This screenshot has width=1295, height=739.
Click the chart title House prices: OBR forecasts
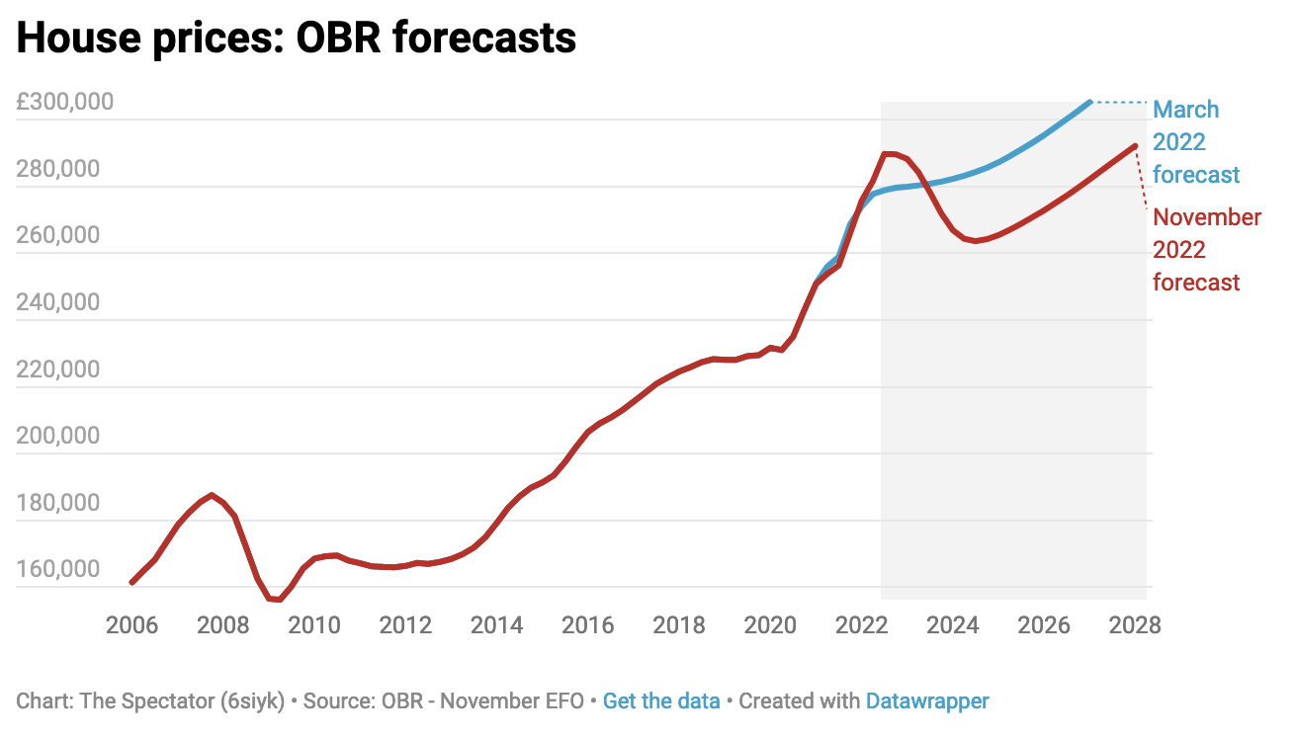click(x=296, y=38)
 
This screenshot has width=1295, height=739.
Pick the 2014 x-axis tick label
click(x=496, y=625)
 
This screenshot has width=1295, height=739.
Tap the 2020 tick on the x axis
click(x=770, y=625)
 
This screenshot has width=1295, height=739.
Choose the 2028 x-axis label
click(x=1135, y=625)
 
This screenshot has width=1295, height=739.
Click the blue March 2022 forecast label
click(x=1195, y=142)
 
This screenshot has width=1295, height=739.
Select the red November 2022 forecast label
click(x=1207, y=249)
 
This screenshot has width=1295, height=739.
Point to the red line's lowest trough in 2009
click(x=279, y=600)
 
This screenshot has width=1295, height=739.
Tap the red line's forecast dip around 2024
click(x=976, y=241)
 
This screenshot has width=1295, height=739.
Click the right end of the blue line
click(x=1089, y=102)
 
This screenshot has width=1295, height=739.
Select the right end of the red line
click(x=1135, y=146)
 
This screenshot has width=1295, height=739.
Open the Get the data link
click(x=661, y=701)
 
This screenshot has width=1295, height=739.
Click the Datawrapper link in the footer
click(x=926, y=701)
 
